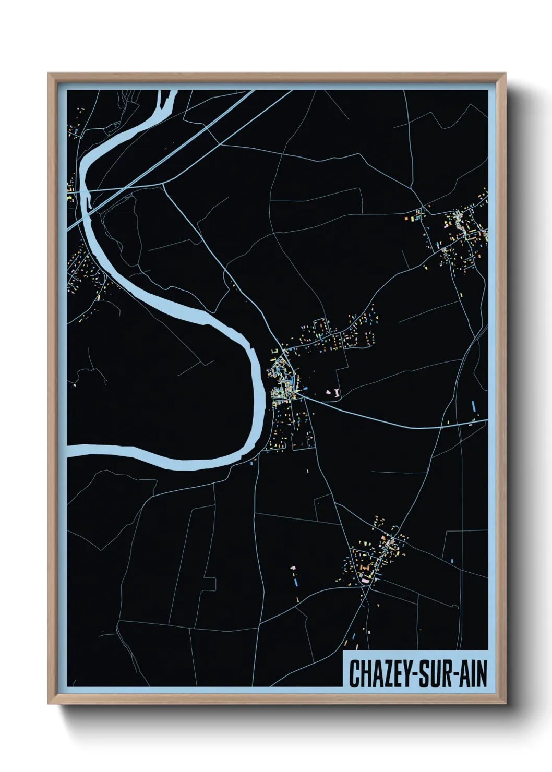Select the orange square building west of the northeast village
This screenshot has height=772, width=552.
(x=406, y=218)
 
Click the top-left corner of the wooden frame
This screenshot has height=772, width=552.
(x=49, y=74)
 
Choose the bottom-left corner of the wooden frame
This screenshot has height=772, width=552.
(x=49, y=704)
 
